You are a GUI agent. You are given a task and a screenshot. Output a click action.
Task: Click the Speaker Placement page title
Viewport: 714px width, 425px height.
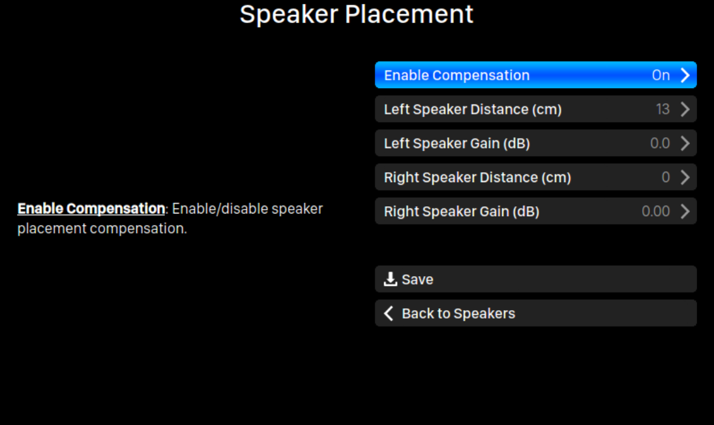[x=357, y=14]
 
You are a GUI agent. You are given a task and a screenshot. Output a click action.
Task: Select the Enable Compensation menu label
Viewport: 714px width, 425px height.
[x=456, y=75]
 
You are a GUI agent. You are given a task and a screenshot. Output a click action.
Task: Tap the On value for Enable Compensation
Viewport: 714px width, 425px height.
[x=661, y=75]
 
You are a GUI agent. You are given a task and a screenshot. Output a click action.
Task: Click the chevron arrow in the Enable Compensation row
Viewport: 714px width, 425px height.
[x=685, y=75]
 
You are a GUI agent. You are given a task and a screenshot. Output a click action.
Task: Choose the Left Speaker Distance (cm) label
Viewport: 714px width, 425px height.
[x=473, y=110]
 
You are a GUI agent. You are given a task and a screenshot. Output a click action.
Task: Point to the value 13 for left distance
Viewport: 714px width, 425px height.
[x=663, y=110]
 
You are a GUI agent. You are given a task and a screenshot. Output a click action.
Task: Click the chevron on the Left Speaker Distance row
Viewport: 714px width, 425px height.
[x=685, y=110]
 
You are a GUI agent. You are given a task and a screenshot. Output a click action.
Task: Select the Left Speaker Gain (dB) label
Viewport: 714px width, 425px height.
[x=456, y=143]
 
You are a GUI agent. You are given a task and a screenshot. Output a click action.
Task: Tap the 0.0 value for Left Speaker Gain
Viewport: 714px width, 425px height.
[x=660, y=143]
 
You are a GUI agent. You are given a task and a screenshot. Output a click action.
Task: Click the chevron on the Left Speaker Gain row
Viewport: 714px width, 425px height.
[x=685, y=143]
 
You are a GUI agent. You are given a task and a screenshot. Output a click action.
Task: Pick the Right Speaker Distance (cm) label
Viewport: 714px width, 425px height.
[x=477, y=178]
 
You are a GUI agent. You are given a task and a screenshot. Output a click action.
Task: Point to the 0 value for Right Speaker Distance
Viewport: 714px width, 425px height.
[x=666, y=178]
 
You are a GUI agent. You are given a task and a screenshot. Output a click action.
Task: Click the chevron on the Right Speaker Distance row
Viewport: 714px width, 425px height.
[x=685, y=178]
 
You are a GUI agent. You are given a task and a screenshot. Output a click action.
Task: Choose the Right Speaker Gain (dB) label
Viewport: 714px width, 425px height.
[x=462, y=212]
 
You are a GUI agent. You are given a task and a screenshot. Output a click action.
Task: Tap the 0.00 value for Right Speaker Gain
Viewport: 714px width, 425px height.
[x=656, y=212]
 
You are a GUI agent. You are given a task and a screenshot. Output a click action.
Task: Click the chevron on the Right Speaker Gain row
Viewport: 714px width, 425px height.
[x=685, y=212]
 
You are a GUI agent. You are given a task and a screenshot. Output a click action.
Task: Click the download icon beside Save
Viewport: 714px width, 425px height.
[x=390, y=279]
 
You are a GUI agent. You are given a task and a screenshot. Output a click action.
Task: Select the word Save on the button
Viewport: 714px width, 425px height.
[x=417, y=279]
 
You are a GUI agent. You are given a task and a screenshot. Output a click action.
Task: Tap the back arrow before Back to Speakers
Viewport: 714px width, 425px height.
[x=389, y=313]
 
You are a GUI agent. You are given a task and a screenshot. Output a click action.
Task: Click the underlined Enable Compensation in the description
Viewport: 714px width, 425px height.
[x=91, y=209]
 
